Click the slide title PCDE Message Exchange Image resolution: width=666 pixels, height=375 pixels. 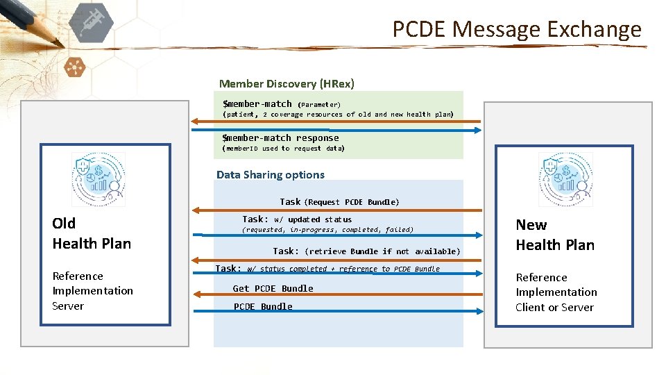(x=517, y=29)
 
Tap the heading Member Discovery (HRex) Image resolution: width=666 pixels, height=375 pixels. (x=287, y=84)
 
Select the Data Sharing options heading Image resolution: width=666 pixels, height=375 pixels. (x=271, y=175)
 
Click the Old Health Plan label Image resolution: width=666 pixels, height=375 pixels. (x=91, y=233)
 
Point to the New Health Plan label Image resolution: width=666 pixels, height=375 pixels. (x=554, y=235)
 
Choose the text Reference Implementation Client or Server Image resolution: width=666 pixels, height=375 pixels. (x=556, y=292)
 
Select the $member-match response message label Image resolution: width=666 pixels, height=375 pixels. (x=280, y=137)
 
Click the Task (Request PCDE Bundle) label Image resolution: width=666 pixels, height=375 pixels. (x=339, y=202)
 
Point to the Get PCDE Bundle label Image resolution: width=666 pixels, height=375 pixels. (x=273, y=288)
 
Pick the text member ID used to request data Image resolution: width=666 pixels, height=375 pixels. (x=283, y=149)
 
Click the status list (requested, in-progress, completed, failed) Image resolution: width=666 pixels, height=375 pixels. (x=327, y=230)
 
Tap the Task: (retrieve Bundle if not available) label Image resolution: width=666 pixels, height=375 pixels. (x=366, y=251)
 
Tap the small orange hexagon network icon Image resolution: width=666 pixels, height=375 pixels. (x=73, y=67)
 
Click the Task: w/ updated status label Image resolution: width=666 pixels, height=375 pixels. (x=297, y=219)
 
